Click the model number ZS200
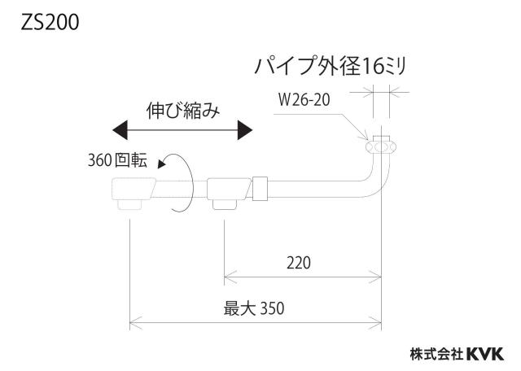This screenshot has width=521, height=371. coord(50,23)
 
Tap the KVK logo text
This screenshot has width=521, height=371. coord(485,354)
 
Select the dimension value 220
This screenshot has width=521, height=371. coord(299,263)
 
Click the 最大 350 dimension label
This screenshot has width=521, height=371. coord(254,308)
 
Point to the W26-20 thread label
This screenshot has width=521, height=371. coord(304,99)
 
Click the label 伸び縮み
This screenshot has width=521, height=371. coord(183,111)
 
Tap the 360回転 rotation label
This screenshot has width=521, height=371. coord(117,159)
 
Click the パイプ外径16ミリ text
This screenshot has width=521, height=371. coord(330,66)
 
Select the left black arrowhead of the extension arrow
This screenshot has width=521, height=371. coord(120,130)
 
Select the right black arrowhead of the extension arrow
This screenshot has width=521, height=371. coord(245,130)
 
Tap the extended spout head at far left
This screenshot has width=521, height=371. coord(133,193)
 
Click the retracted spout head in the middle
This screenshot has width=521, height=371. coord(229,193)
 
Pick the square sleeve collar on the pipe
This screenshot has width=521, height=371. coord(260,189)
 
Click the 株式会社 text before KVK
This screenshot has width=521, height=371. coord(436,354)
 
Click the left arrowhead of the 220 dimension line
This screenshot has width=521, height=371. coord(230,277)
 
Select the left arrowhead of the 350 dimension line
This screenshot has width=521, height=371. coord(136,322)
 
